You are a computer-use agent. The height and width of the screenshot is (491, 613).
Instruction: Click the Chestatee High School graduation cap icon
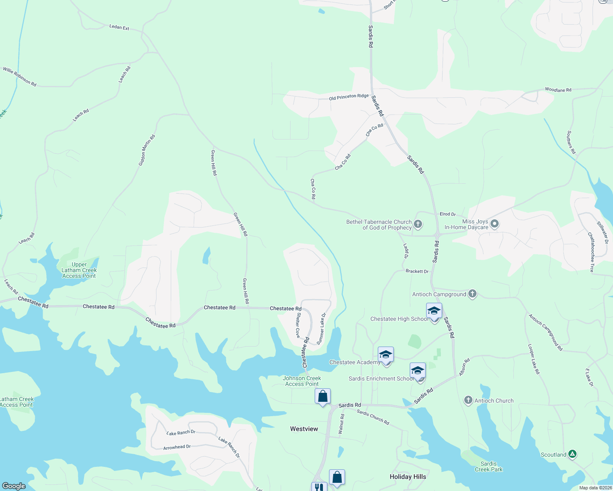point(434,311)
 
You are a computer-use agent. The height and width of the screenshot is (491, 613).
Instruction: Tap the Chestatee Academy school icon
point(386,355)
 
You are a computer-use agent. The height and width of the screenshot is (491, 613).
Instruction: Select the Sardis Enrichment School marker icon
point(418,371)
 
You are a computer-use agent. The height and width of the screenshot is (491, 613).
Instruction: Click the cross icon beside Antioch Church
point(468,401)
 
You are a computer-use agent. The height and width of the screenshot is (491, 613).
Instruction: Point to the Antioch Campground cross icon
point(472,294)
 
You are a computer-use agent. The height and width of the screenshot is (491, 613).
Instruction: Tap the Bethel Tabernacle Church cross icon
point(418,224)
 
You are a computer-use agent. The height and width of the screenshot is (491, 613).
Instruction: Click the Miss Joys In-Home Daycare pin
point(495,224)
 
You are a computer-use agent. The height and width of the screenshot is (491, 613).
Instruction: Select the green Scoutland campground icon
point(572,454)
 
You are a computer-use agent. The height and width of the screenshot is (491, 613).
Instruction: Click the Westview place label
point(304,429)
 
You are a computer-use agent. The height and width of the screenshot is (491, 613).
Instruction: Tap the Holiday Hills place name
point(408,477)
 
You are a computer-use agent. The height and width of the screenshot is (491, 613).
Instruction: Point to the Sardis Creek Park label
point(488,466)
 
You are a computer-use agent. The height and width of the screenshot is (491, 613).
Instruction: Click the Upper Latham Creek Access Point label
point(79,270)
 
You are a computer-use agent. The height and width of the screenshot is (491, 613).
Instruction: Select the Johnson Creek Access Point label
point(302,381)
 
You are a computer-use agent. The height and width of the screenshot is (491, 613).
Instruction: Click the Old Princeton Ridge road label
point(349,97)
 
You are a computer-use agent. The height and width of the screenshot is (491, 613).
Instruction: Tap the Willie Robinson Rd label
point(20,77)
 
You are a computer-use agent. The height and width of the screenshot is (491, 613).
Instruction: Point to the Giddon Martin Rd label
point(147,150)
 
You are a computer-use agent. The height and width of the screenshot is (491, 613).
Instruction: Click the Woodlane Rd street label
point(558,90)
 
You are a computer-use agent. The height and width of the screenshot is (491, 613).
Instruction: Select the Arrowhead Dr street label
point(177,447)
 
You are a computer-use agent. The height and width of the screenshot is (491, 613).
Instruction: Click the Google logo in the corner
point(14,486)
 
